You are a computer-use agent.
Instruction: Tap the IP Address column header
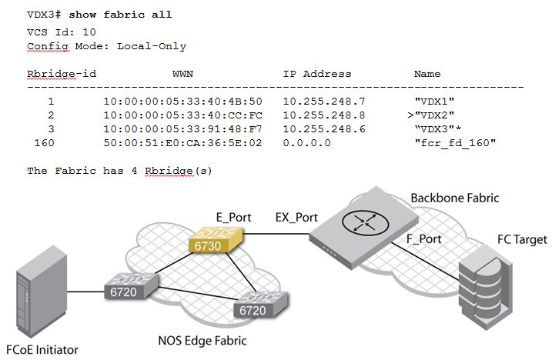point(316,74)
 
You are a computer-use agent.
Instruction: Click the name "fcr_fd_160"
point(454,142)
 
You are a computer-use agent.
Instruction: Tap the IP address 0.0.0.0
point(306,142)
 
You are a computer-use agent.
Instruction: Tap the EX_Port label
point(296,218)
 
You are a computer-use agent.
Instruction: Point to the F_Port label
point(423,239)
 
